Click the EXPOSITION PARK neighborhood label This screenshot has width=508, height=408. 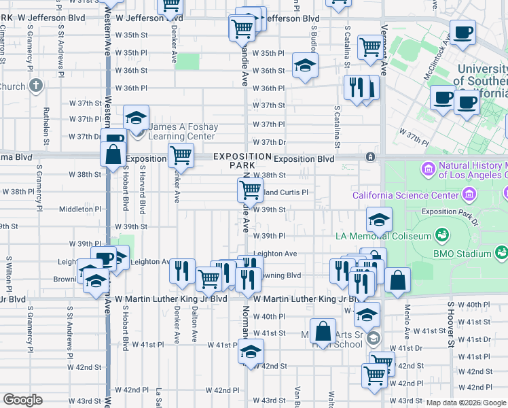(x=233, y=160)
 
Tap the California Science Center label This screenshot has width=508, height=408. (x=405, y=196)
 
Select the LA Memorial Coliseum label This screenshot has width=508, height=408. (x=384, y=236)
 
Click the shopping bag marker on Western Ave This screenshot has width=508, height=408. (x=113, y=152)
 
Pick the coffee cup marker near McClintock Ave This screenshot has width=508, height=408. (x=462, y=32)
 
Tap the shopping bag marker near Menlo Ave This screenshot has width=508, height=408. (x=398, y=280)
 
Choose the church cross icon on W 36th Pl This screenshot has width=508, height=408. (x=36, y=86)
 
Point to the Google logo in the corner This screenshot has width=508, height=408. (x=22, y=400)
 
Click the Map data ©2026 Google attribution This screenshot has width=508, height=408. (x=466, y=403)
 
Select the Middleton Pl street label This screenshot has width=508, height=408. (x=80, y=209)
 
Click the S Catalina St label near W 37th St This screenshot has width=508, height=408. (x=336, y=126)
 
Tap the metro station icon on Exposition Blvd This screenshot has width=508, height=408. (x=370, y=157)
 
